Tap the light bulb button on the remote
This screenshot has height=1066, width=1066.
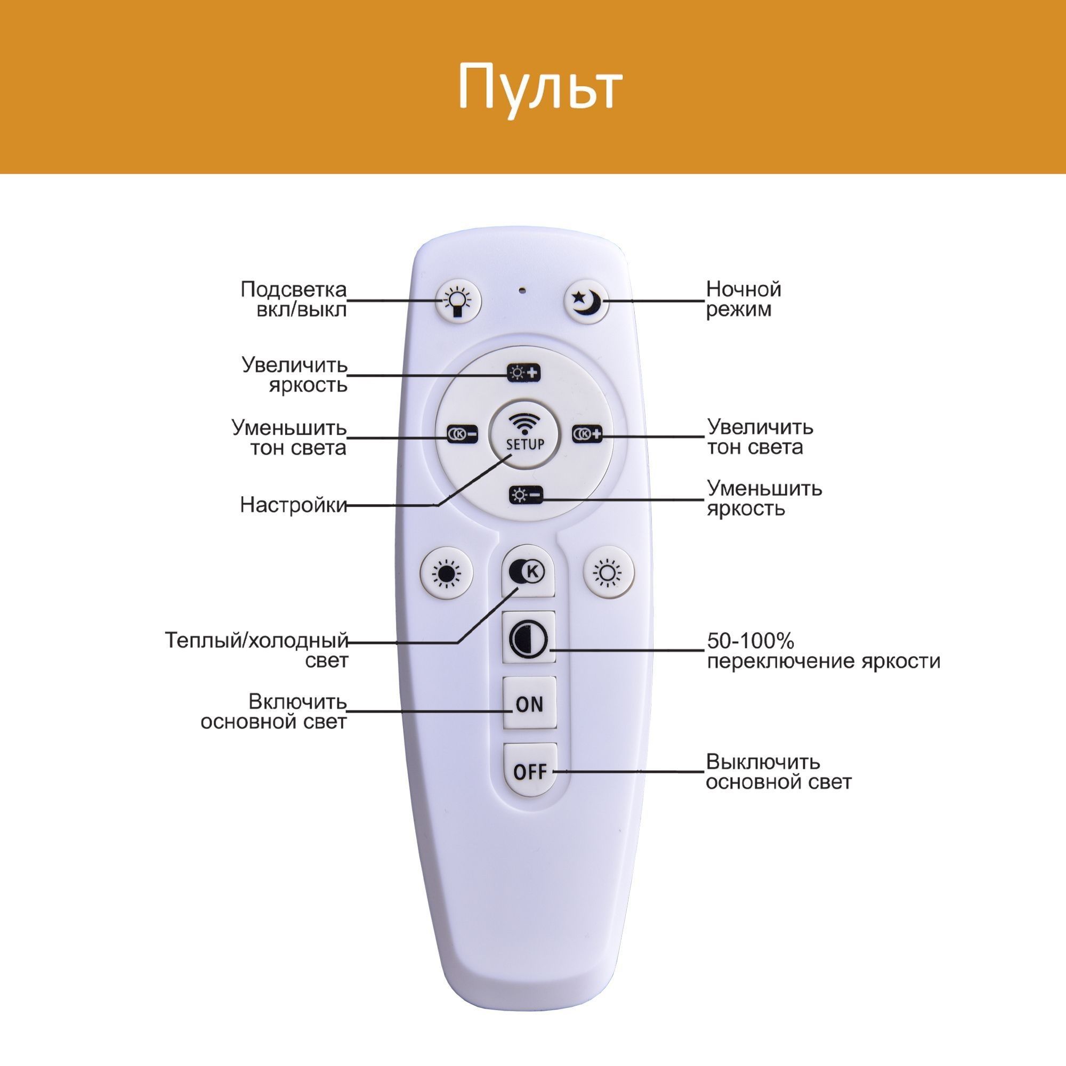point(458,301)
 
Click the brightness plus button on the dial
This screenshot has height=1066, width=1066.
point(523,374)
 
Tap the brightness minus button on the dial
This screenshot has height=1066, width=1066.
point(526,496)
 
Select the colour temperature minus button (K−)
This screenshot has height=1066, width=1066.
point(462,435)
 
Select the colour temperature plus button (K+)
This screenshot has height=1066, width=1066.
point(586,435)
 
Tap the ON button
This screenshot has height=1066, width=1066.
point(529,704)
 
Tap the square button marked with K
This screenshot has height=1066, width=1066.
point(528,571)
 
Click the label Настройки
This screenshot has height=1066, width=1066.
point(293,505)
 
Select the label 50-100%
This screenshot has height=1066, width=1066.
point(750,641)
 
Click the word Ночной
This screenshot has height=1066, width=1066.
point(743,289)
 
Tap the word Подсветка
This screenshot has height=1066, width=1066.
point(293,289)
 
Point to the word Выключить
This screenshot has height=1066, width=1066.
point(763,762)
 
